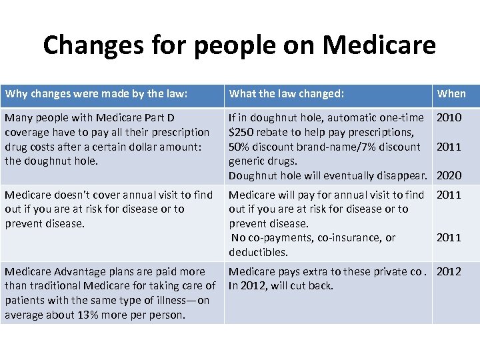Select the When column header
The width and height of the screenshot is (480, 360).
tap(451, 94)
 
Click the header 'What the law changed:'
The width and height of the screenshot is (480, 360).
tap(286, 94)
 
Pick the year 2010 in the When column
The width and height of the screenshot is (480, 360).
tap(449, 118)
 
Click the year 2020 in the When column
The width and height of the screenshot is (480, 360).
tap(449, 176)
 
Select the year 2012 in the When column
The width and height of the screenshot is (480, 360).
tap(449, 272)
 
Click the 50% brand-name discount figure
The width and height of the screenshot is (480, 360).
tap(239, 147)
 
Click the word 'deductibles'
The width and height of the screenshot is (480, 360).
tap(258, 252)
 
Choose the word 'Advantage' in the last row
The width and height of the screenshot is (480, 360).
tap(75, 272)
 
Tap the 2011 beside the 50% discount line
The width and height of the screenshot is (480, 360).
tap(449, 147)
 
